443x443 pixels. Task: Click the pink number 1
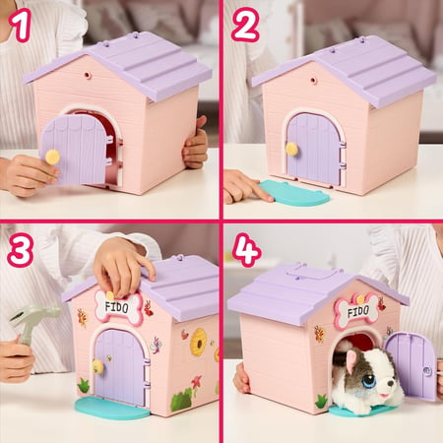click(21, 26)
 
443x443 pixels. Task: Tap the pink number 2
click(245, 25)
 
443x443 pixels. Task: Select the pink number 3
click(20, 250)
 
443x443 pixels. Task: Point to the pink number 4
click(247, 250)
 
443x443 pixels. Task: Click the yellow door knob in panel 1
click(52, 157)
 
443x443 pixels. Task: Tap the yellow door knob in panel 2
click(291, 149)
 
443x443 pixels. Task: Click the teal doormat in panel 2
click(293, 194)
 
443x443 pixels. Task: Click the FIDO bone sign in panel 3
click(118, 307)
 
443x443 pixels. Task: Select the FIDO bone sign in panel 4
click(356, 311)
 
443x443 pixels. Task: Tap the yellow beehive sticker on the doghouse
click(199, 342)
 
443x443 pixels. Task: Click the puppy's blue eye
click(369, 381)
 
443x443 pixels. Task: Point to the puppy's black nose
click(390, 383)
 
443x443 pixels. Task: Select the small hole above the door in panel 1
click(87, 75)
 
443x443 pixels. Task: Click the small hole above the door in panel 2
click(312, 80)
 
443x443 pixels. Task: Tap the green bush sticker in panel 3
click(181, 399)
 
